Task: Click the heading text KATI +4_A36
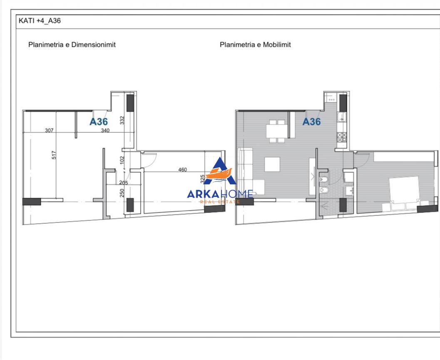coord(40,21)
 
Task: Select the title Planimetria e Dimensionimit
coord(72,45)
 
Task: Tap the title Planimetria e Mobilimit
coord(255,45)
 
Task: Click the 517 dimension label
coord(54,155)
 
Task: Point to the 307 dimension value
coord(49,130)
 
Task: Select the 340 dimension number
coord(105,130)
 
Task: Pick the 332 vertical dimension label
coord(122,121)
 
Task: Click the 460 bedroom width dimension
coord(182,169)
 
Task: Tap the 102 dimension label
coord(122,160)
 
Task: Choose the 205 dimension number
coord(124,183)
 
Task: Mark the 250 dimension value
coord(122,193)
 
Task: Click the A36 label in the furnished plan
coord(311,122)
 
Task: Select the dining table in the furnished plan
coord(277,131)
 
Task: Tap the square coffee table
coord(272,164)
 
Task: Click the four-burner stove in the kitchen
coord(342,137)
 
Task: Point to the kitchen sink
coord(342,117)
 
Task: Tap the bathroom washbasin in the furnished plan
coord(349,191)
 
